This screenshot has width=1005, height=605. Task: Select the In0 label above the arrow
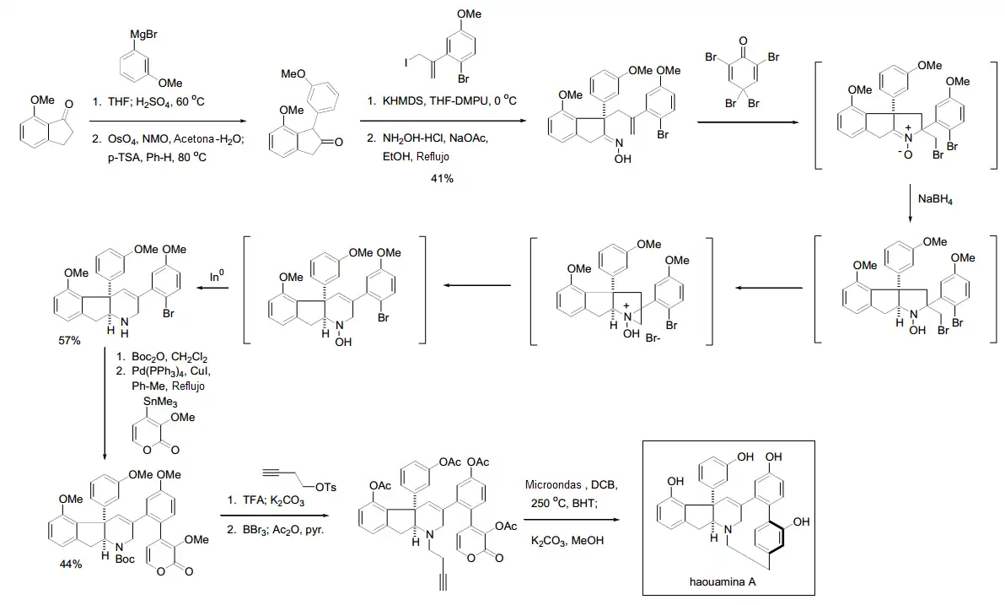218,277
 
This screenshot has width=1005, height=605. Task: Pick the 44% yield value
70,564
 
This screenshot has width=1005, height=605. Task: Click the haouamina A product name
728,582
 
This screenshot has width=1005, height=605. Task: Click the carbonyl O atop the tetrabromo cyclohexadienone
743,41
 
